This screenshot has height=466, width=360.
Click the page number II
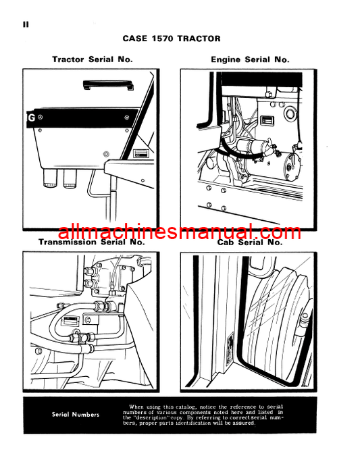[x=26, y=24]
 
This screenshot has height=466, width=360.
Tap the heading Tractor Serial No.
[x=93, y=59]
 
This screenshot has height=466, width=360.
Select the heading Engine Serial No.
[x=250, y=59]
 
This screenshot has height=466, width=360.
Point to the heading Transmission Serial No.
[x=92, y=242]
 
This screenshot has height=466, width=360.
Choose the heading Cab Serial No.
[x=250, y=242]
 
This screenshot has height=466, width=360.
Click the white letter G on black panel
[x=31, y=118]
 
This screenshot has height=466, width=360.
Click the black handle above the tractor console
[x=108, y=84]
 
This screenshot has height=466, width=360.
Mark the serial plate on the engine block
[x=267, y=121]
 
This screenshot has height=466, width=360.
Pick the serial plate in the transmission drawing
[x=71, y=321]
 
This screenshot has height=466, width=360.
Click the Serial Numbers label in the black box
[x=76, y=415]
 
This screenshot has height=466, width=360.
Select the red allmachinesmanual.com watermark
[x=180, y=232]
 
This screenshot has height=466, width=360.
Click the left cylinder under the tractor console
[x=50, y=178]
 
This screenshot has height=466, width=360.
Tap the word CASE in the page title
[x=135, y=38]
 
